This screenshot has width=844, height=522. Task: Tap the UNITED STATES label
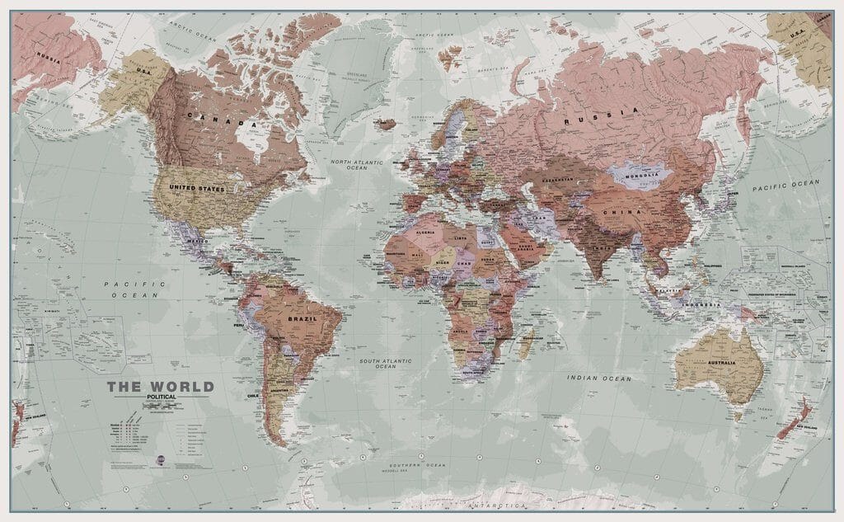tap(196, 189)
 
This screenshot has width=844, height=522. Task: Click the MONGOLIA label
tap(640, 174)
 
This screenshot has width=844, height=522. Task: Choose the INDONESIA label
tap(701, 305)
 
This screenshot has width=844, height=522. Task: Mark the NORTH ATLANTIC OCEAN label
tap(356, 165)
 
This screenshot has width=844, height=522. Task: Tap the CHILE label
tap(253, 396)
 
